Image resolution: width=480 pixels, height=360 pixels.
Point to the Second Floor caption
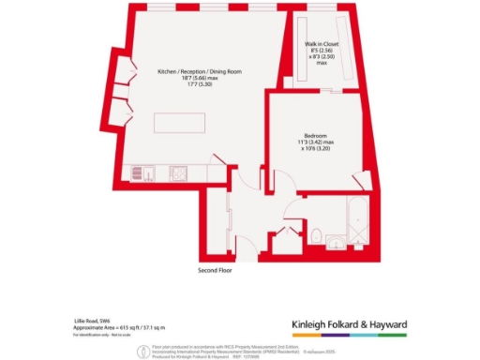[217, 270]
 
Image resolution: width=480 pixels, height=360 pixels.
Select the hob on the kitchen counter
[177, 172]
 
